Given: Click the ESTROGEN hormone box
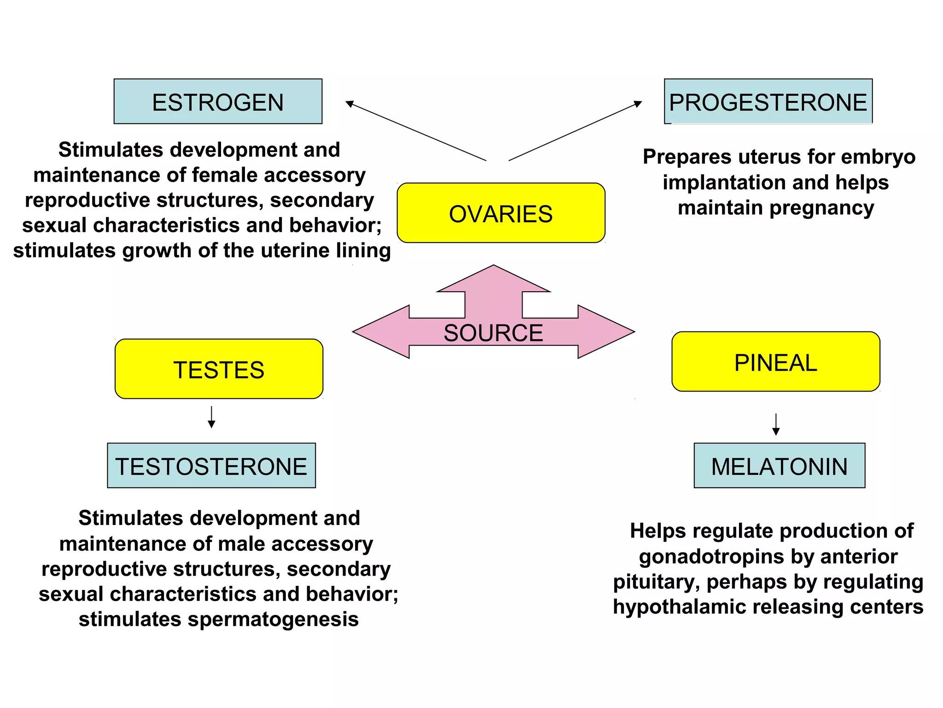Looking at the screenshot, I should coord(218,101).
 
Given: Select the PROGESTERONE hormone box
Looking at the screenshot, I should coord(768,101).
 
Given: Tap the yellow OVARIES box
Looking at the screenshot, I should coord(501,213).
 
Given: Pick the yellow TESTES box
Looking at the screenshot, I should coord(219,369).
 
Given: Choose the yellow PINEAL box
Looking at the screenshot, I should coord(776,362).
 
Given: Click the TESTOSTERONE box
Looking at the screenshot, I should coord(211,466).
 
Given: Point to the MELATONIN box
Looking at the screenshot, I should coord(779,466).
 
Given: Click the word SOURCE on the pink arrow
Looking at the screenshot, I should coord(493,333).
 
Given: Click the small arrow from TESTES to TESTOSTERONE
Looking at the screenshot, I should coord(211,418).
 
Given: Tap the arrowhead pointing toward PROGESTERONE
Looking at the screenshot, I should coord(638,104).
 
